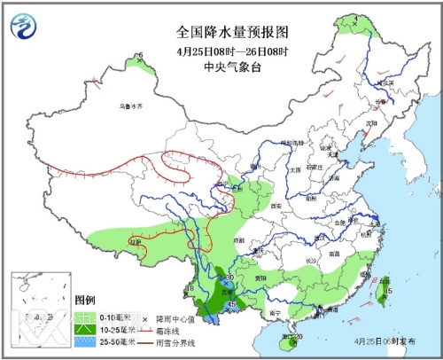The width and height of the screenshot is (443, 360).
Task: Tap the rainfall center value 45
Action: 232,306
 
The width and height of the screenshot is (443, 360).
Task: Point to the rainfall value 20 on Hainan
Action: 299,337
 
